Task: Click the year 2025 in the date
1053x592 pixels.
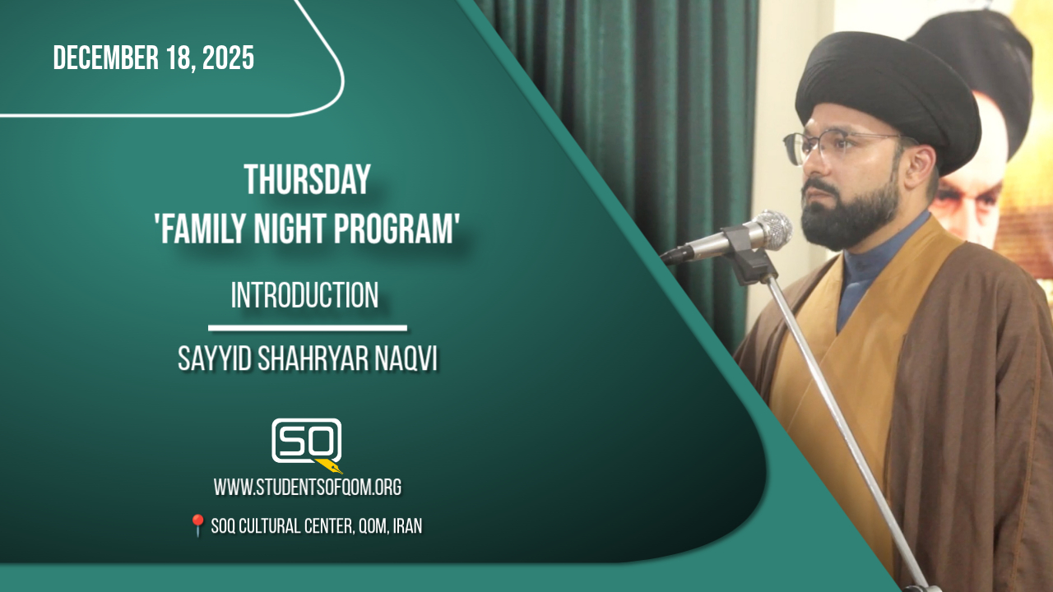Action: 228,58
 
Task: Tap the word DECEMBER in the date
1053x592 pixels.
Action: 106,58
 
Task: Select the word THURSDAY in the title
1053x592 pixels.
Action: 308,179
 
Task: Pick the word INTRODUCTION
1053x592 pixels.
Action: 304,295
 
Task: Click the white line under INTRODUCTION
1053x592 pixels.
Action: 308,328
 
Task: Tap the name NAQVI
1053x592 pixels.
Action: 406,359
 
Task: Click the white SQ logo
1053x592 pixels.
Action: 306,440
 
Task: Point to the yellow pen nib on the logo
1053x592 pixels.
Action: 329,466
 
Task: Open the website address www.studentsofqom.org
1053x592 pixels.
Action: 308,488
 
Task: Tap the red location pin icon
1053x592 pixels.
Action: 197,525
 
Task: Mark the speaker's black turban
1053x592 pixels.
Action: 886,94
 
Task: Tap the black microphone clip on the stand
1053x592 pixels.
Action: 748,255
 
